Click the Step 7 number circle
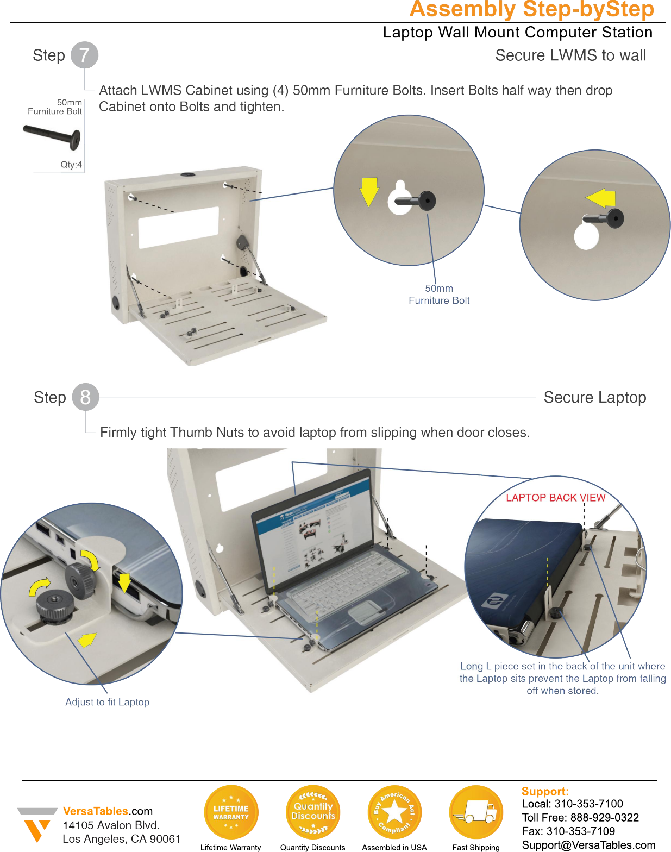coord(84,55)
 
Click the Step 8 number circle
coord(85,397)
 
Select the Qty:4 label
coord(71,165)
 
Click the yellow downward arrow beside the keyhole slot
coord(369,191)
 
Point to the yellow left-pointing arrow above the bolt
coord(601,198)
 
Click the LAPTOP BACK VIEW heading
coord(555,498)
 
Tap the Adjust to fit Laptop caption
coord(107,702)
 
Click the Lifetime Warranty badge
coord(231,812)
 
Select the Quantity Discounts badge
coord(313,812)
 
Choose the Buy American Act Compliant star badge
coord(394,812)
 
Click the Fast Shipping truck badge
coord(476,812)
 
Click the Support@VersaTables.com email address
coord(588,845)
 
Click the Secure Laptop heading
coord(595,397)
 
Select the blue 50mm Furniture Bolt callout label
coord(439,295)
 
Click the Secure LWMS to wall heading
coord(570,55)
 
